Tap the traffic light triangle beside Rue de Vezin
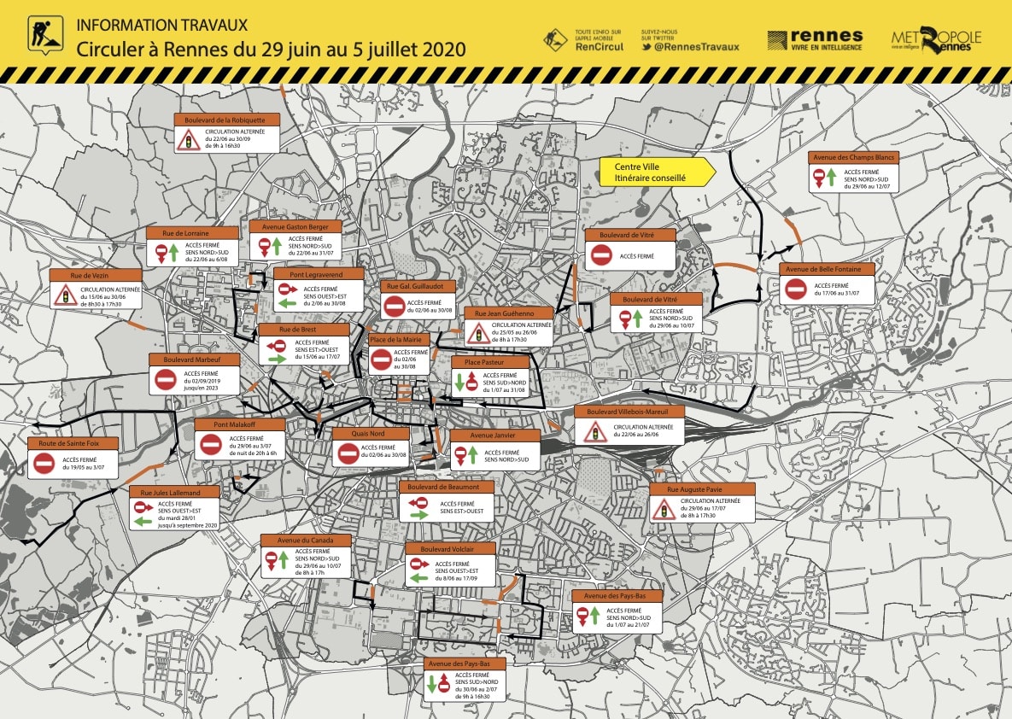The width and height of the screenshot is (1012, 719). [65, 295]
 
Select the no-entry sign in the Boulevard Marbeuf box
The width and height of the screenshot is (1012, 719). [166, 379]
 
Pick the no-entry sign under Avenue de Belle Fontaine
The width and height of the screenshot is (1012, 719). [796, 289]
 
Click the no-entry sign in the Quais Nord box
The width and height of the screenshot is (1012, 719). [348, 453]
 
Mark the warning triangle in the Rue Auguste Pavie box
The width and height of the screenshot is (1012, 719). [664, 510]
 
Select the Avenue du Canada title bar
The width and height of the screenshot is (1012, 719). [306, 540]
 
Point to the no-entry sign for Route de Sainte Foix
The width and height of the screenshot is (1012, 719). [44, 464]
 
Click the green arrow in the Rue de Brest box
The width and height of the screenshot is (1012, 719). [277, 360]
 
